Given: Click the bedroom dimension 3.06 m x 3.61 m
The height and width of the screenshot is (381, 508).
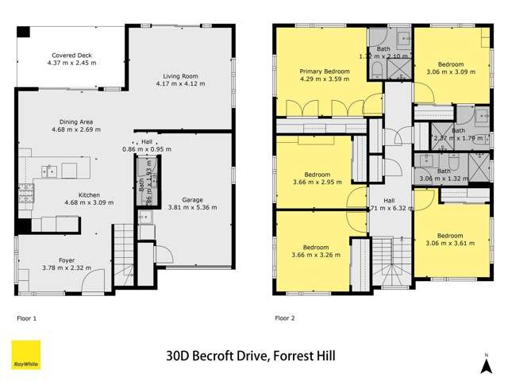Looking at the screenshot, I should click(x=449, y=244).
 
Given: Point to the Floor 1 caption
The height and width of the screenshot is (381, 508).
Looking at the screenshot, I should click(x=27, y=317).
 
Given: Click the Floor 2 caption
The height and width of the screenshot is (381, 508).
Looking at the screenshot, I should click(x=284, y=317).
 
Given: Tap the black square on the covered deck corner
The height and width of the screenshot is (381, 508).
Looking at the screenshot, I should click(x=24, y=32).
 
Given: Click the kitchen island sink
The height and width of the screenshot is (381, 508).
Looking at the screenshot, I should click(x=49, y=170).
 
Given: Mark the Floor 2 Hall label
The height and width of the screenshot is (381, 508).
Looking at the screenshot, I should click(x=389, y=201).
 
